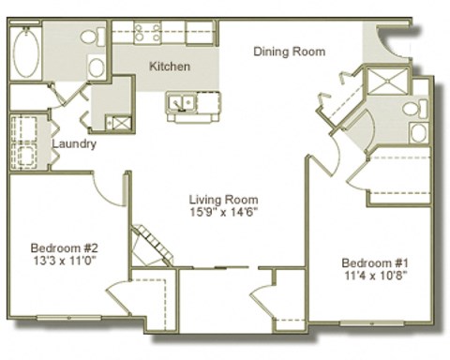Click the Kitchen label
(x=170, y=67)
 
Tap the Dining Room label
(x=290, y=52)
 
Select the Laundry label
(x=72, y=143)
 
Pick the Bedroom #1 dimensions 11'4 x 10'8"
(x=373, y=276)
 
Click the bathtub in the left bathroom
(x=26, y=53)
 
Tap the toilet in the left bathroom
(x=92, y=37)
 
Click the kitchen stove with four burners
(x=147, y=34)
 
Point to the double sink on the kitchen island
(x=181, y=101)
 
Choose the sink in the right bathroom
(x=418, y=132)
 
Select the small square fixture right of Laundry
(x=119, y=123)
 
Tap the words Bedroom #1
(x=373, y=262)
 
